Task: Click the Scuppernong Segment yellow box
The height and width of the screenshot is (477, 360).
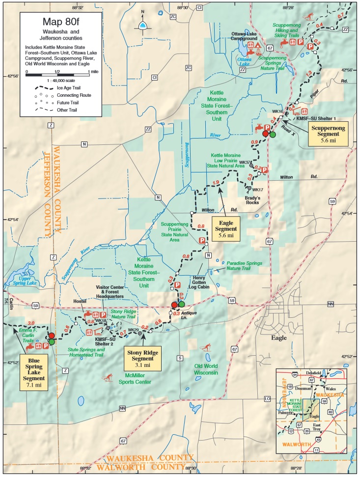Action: pos(328,133)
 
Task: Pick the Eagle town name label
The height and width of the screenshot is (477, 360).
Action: pos(278,338)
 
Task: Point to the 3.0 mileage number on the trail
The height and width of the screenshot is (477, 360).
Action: pos(32,323)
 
